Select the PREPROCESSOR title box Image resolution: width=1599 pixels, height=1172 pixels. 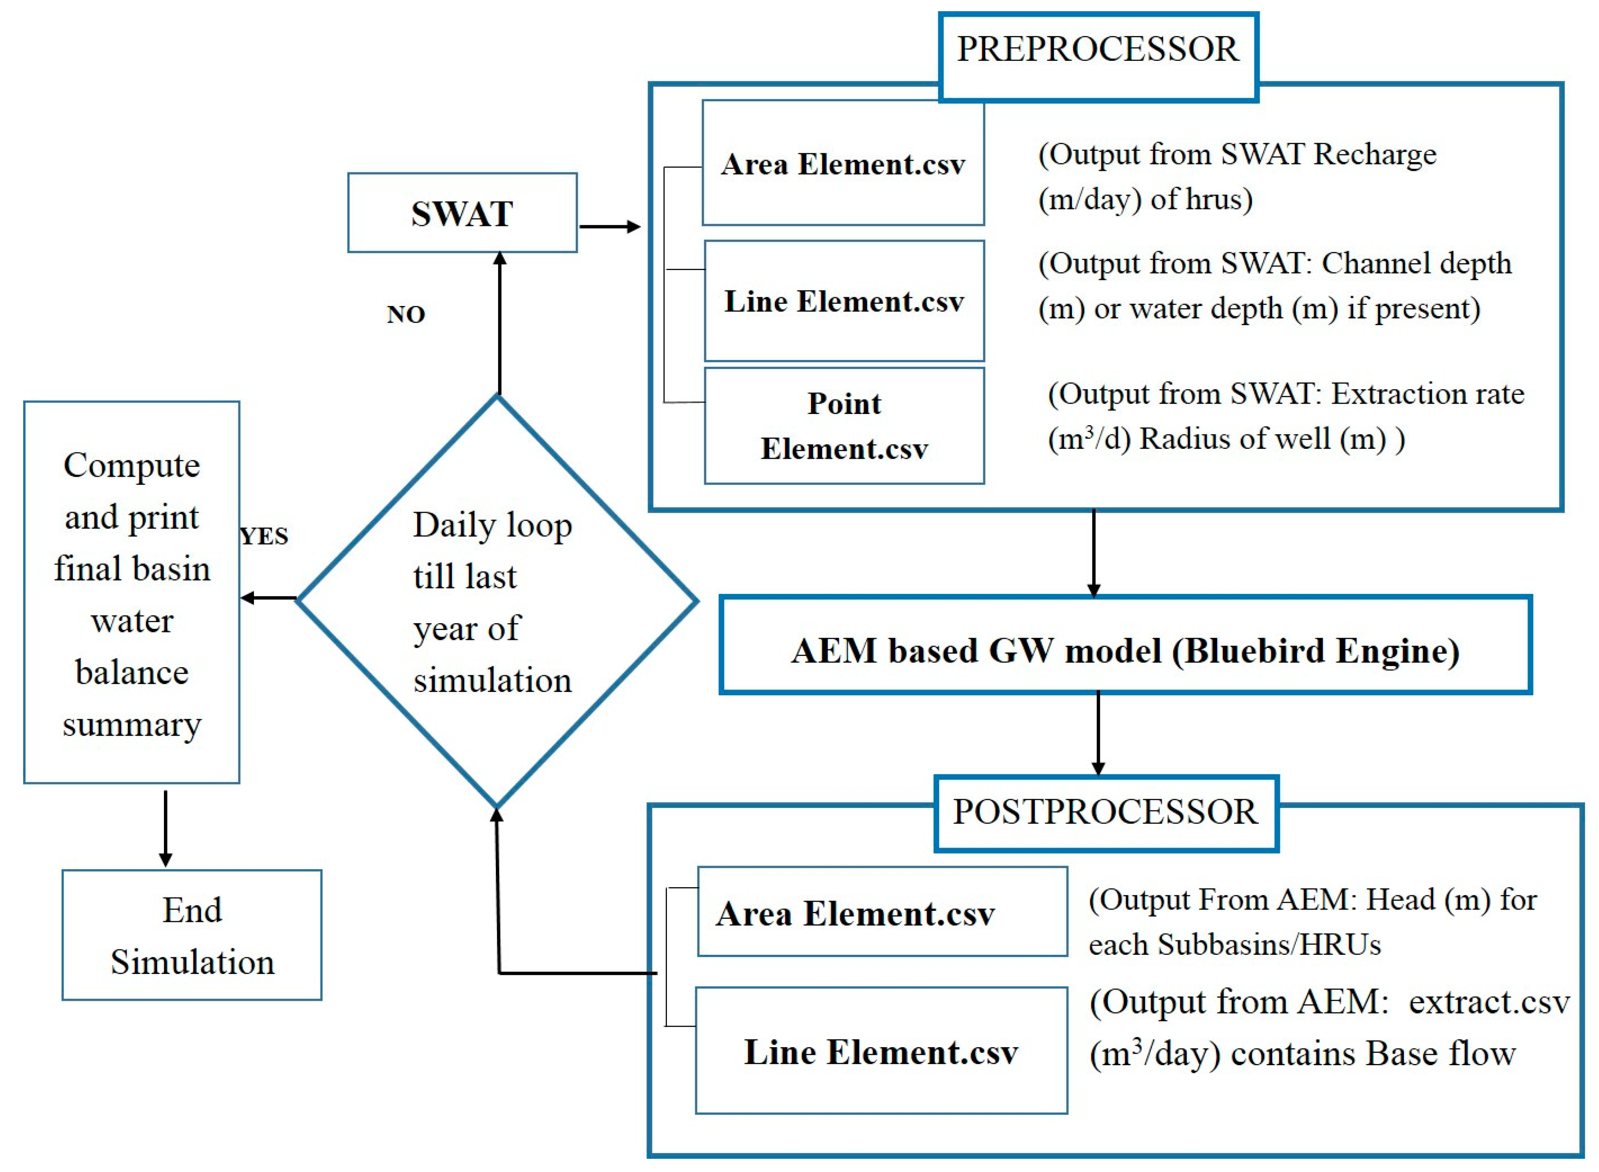tap(1098, 50)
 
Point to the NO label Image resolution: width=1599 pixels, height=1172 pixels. tap(405, 314)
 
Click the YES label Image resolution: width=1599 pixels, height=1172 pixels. tap(264, 536)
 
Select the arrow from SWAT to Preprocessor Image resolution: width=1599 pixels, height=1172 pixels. tap(610, 227)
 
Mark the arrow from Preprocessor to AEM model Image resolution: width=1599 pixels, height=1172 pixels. tap(1094, 553)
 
